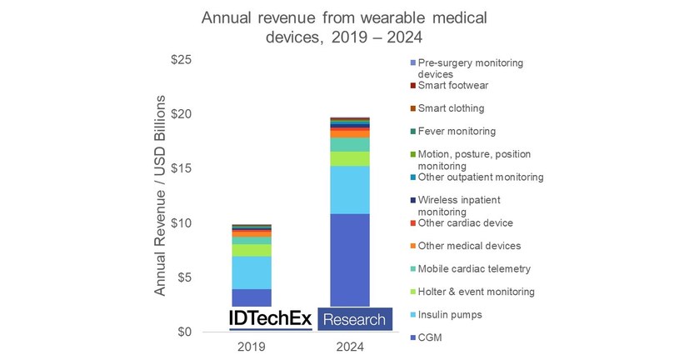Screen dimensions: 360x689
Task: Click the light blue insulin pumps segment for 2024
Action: pos(350,190)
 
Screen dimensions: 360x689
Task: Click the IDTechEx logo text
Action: pos(271,318)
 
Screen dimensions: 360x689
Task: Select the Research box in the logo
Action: pos(354,319)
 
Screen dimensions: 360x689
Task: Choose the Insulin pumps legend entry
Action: pos(451,314)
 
